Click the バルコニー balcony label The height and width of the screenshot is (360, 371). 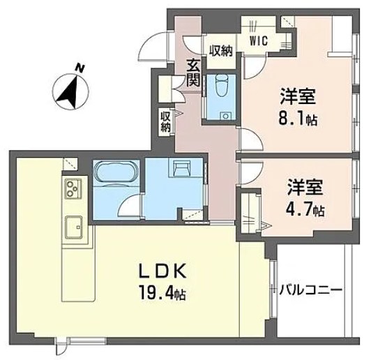[311, 287]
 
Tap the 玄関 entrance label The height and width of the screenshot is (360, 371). [193, 73]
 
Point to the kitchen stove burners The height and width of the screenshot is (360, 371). [73, 188]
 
